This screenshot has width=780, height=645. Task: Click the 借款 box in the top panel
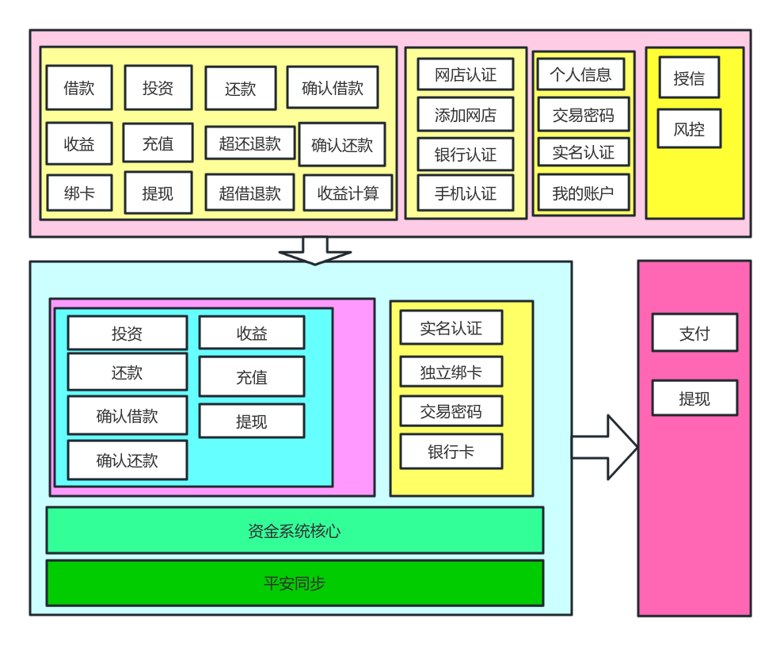point(79,88)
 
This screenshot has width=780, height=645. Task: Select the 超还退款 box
point(249,143)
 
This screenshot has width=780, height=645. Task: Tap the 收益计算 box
point(348,193)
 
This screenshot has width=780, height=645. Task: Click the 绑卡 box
point(79,193)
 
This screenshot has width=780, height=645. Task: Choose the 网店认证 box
point(466,74)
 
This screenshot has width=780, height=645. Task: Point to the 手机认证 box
point(466,193)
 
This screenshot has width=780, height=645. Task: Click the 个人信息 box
point(580,74)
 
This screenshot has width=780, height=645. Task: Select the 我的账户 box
point(583,193)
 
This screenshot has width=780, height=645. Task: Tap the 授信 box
point(689,78)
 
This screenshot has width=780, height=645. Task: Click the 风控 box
point(689,128)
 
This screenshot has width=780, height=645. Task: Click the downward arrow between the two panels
point(314,251)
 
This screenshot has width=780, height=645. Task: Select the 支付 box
point(694,333)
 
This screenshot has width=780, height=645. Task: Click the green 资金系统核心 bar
point(295,530)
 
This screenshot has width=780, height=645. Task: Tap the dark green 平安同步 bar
point(295,583)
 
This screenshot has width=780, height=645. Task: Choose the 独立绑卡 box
point(451,372)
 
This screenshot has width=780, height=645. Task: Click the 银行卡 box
point(451,452)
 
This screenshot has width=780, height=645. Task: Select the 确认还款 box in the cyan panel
point(127,460)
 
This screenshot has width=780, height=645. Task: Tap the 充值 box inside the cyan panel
point(252,377)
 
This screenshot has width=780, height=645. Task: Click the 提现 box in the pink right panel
point(694,399)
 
